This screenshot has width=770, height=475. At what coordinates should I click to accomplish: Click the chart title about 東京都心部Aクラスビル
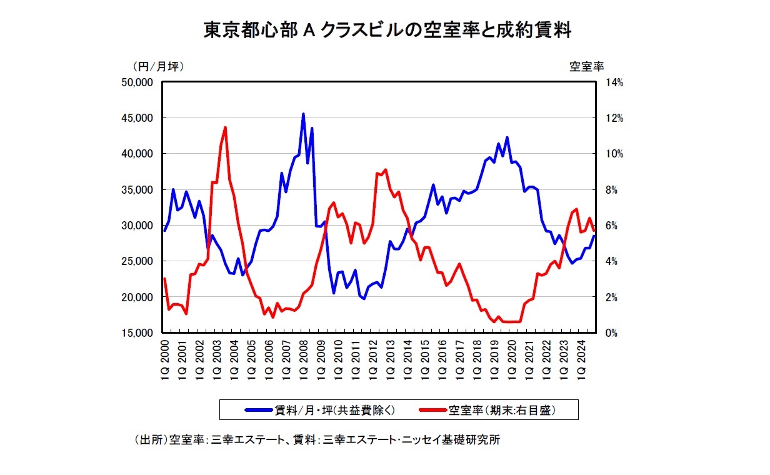point(387,29)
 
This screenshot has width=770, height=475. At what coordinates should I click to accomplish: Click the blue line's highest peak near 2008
point(303,114)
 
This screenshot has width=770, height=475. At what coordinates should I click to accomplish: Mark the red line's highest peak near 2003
point(225,127)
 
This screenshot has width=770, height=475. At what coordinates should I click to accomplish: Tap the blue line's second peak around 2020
point(507,137)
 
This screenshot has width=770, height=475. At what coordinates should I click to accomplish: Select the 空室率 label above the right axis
point(586,65)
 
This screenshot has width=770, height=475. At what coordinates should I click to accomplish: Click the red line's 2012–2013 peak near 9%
point(385,170)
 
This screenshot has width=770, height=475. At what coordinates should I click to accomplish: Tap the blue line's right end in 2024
point(594,236)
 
